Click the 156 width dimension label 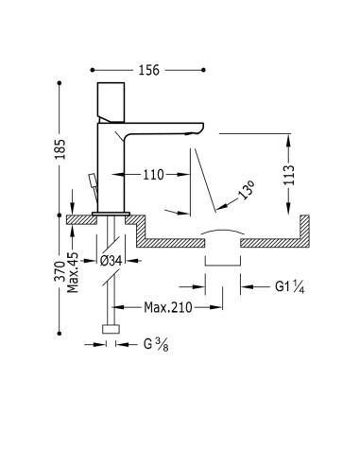(149, 70)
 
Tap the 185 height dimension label (60, 148)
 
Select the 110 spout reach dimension (154, 175)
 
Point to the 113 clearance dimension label (289, 175)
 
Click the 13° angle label (247, 190)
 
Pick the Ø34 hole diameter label (111, 261)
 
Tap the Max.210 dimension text (168, 307)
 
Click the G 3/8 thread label (156, 344)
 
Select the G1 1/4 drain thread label (289, 286)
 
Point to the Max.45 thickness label (73, 272)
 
